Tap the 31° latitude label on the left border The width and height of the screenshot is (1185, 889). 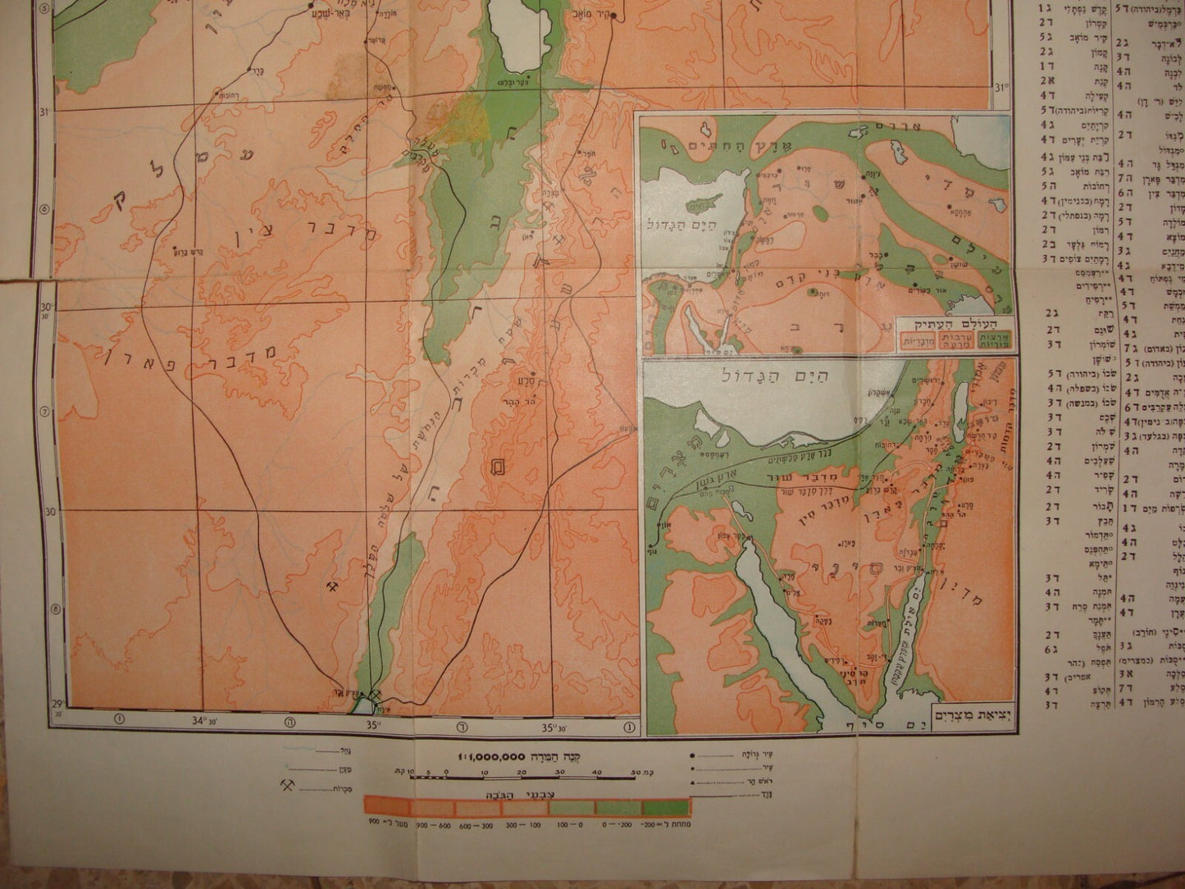coord(45,112)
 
